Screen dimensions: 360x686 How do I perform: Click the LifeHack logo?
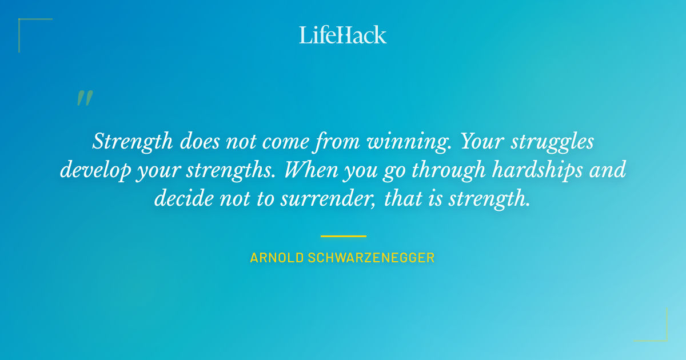pos(343,34)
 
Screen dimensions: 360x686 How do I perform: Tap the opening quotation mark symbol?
pos(85,98)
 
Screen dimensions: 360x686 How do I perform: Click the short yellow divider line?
pos(343,235)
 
